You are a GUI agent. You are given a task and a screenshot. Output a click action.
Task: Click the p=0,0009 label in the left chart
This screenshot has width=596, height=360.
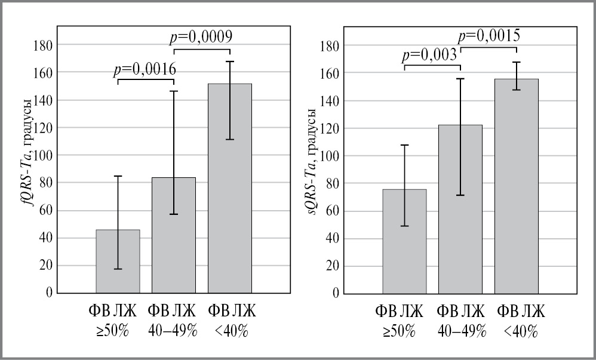(201, 37)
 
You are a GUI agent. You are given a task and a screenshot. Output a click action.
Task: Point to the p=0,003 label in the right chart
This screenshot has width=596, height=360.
(429, 56)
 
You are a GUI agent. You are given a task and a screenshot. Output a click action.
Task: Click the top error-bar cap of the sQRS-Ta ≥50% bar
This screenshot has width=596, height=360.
(404, 145)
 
